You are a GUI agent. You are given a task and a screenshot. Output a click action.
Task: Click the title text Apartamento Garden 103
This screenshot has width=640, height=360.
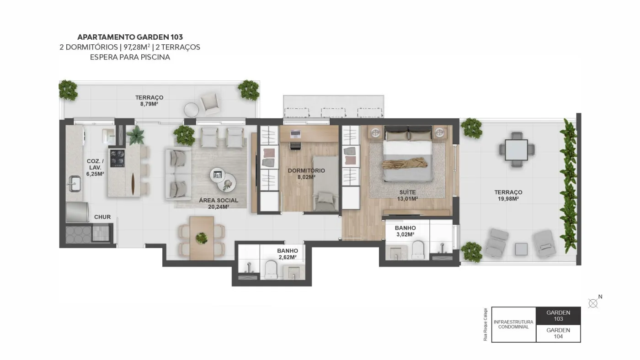point(130,37)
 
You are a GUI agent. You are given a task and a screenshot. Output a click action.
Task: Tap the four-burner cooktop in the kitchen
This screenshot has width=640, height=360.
point(117,158)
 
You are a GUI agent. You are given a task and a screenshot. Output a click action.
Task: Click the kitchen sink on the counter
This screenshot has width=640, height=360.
point(75,184)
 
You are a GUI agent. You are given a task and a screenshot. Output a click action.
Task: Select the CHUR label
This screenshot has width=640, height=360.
point(102,217)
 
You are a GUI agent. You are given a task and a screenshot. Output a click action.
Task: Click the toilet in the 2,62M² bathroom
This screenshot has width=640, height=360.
point(271,270)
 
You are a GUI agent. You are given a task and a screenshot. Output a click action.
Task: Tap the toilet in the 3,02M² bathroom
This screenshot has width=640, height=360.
point(418,250)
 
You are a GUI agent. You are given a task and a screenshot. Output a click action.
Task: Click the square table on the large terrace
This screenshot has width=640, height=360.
point(516,150)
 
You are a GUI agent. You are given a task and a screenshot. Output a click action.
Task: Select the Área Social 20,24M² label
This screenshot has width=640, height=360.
point(219,204)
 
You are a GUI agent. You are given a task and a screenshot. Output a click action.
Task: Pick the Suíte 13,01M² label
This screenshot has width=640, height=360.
point(408,196)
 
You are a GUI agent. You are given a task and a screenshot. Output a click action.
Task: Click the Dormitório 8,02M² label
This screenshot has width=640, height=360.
point(306,174)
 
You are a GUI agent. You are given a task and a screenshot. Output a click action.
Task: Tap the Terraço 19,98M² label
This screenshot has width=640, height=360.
point(508,196)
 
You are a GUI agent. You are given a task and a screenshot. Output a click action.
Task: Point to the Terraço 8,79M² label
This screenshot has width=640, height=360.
point(149,101)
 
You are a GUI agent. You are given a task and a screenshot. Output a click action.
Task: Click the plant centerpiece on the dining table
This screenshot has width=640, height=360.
point(202,238)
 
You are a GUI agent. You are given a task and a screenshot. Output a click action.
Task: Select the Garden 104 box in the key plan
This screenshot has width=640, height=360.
point(558,334)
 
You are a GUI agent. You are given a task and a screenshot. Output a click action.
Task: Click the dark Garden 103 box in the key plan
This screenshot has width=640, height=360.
point(558,316)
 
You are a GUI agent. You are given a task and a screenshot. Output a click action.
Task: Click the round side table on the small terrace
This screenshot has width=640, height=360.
point(191,110)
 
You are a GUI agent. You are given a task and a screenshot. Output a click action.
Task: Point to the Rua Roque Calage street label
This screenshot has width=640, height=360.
point(485,324)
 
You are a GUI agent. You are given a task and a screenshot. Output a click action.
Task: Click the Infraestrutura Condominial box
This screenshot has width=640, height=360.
point(514,325)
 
